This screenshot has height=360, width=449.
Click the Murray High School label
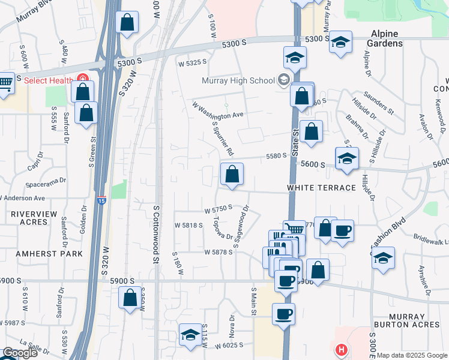coord(238,80)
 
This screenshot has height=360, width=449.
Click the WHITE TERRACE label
coord(321,188)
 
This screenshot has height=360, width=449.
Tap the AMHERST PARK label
coord(32,254)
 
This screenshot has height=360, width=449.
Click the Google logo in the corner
coord(20,353)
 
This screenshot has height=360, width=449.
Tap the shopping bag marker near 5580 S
coord(232,175)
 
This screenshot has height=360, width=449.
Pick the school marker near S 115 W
coord(190,335)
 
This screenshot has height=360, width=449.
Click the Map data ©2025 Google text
coord(412,355)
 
